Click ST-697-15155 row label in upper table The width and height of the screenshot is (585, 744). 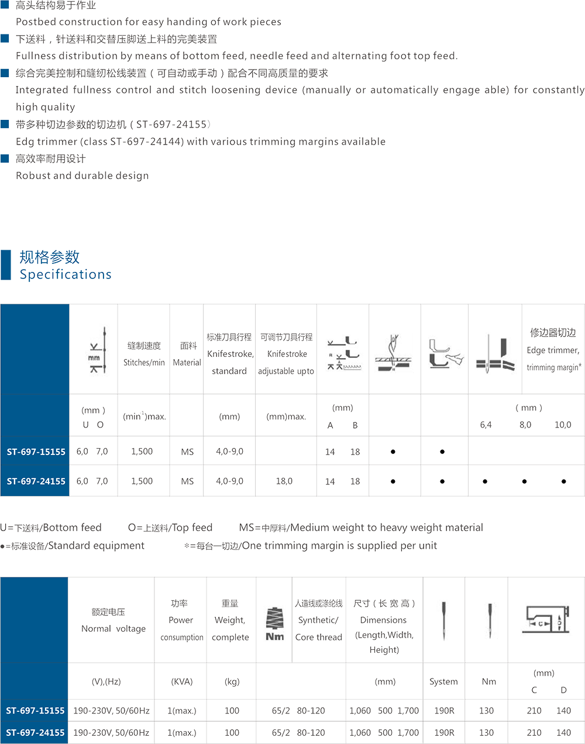36,452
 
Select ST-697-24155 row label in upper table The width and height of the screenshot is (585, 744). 36,481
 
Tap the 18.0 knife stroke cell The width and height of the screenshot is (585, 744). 284,481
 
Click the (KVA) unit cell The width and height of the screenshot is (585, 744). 181,682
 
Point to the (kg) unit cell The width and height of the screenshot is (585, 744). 231,682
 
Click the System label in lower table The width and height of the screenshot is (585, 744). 443,682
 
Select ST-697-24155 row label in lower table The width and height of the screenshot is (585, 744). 36,732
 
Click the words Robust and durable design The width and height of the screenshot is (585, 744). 82,175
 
